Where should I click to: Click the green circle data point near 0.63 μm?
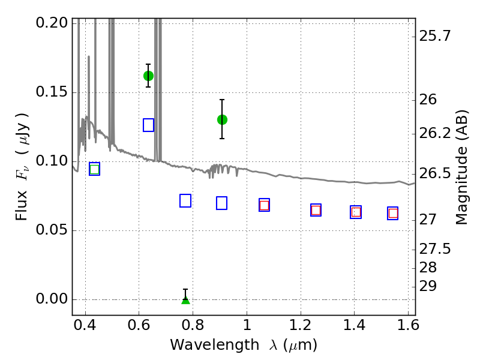point(148,76)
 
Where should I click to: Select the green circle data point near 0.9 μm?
point(222,119)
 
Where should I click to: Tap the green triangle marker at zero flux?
point(185,300)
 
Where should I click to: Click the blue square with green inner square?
point(95,169)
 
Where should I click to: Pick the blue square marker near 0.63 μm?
point(148,125)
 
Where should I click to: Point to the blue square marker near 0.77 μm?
point(185,201)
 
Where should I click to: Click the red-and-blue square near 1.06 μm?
point(264,205)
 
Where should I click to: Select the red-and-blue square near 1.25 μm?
point(316,210)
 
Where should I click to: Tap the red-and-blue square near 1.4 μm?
point(356,212)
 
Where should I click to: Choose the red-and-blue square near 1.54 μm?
point(393,214)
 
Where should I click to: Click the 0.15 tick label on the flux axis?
point(52,92)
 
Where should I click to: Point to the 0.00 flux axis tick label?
point(52,299)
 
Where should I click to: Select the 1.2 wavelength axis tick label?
point(301,325)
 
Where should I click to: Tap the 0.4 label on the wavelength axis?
point(85,325)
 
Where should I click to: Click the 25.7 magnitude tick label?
point(434,36)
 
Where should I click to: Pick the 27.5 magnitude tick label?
point(434,249)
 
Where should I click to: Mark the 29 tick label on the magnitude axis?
point(428,287)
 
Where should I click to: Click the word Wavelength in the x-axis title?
point(215,345)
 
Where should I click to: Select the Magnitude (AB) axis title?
point(461,167)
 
